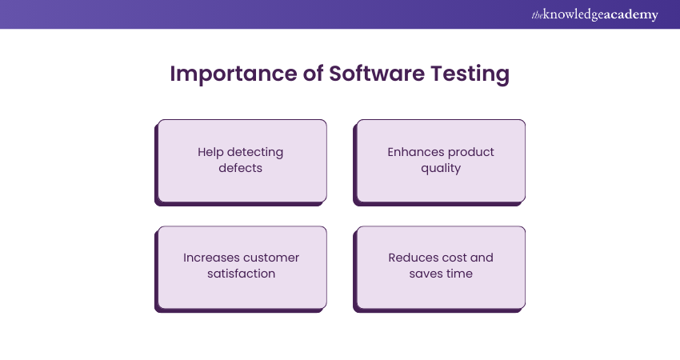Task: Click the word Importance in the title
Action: coord(234,74)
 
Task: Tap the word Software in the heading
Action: coord(377,73)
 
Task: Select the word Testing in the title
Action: coord(470,74)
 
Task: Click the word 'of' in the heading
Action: coord(313,73)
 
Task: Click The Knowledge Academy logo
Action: coord(594,14)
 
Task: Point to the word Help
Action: coord(210,152)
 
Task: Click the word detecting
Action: coord(255,152)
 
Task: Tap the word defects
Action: coord(240,168)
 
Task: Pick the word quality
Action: coord(441,168)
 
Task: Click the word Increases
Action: coord(210,258)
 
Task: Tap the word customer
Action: coord(270,258)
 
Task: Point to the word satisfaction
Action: coord(241,274)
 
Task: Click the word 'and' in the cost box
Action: coord(482,258)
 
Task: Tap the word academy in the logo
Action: coord(630,15)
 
